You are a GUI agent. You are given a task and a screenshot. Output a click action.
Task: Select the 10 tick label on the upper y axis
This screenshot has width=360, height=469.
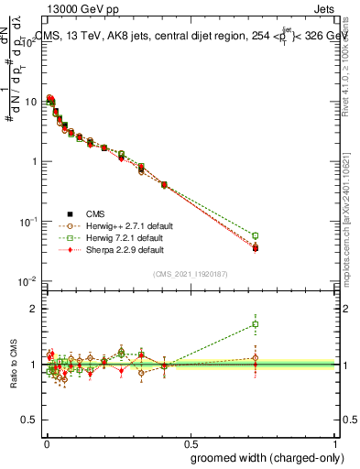[x=32, y=102]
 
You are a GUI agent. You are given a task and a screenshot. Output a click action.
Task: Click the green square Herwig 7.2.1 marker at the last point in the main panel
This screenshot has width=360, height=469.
[x=256, y=235]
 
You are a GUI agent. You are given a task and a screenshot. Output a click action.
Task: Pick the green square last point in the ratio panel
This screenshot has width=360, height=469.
[x=256, y=323]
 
